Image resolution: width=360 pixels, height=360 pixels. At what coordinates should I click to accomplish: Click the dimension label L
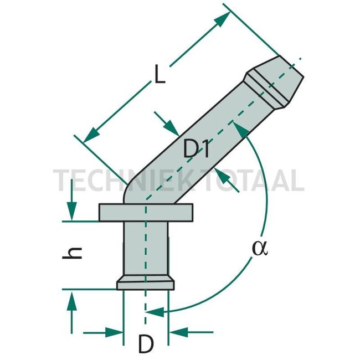tap(160, 75)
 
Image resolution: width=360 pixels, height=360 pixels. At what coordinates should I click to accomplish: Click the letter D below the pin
tap(145, 345)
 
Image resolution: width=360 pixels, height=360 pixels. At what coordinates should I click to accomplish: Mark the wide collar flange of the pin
tap(146, 212)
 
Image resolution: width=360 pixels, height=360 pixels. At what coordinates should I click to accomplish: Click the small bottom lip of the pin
tap(145, 284)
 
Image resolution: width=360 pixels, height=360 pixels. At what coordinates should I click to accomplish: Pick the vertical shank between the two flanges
tap(145, 249)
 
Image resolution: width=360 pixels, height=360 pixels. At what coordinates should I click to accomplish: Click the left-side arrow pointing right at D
tap(115, 333)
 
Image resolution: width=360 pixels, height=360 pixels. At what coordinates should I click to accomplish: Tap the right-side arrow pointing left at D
tap(177, 333)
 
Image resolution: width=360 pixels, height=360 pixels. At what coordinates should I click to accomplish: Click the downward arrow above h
tap(71, 213)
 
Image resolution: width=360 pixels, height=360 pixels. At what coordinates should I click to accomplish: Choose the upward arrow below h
tap(71, 299)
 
